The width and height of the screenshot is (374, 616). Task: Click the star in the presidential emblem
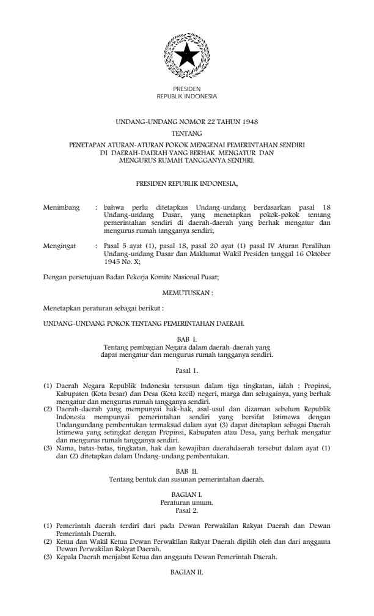(186, 56)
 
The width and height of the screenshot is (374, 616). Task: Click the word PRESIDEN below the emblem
(186, 89)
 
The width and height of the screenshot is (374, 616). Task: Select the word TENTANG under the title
(186, 133)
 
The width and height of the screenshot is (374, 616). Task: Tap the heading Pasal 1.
(186, 370)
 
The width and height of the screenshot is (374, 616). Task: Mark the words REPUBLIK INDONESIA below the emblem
(186, 96)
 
